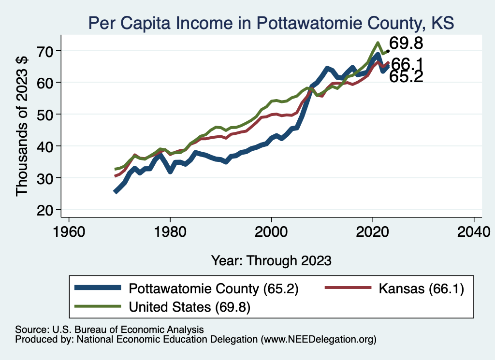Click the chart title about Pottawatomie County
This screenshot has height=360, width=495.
pos(270,23)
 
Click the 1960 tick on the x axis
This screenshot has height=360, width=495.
pos(69,229)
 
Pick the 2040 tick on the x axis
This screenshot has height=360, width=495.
pos(474,229)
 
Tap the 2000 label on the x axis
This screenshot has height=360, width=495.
pos(271,229)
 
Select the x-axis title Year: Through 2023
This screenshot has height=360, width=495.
pos(271,260)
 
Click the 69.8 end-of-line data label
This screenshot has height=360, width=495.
pos(406,43)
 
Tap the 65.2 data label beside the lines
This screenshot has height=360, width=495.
pos(406,76)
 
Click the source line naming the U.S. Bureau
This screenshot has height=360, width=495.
pos(109,329)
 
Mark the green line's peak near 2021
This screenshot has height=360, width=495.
pos(377,43)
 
